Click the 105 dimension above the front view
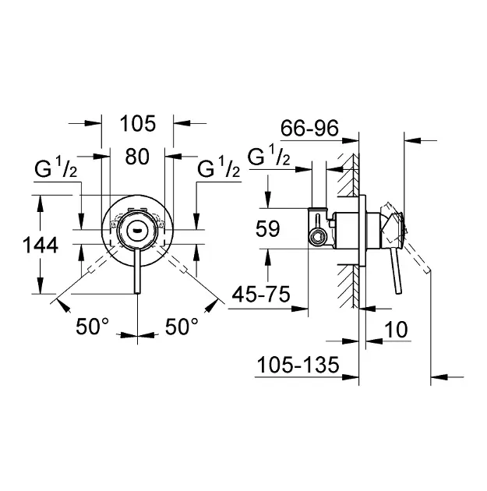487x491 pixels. click(x=139, y=123)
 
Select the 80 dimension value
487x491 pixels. click(x=137, y=156)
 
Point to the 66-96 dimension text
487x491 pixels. click(x=309, y=129)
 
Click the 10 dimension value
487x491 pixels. click(x=397, y=330)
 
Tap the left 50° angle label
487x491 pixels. click(x=93, y=327)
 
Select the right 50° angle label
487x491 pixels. click(x=182, y=327)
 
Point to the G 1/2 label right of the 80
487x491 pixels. click(x=219, y=168)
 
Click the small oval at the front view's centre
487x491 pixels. click(x=137, y=229)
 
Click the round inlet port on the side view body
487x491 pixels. click(x=316, y=235)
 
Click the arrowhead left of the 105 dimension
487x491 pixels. click(x=96, y=122)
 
